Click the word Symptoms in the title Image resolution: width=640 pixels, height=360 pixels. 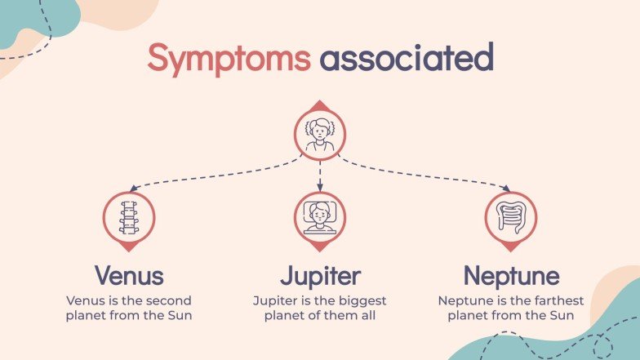pos(229,59)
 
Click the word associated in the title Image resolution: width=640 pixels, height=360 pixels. pos(407,57)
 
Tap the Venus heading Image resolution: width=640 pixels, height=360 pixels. pos(129,276)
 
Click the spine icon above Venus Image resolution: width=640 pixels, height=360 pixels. pos(129,217)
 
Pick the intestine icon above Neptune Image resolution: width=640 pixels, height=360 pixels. pos(511,217)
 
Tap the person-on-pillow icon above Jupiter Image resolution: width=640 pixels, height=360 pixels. pos(320,217)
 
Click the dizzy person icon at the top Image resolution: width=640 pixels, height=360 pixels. pos(320,134)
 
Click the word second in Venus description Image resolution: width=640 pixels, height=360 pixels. pos(168,300)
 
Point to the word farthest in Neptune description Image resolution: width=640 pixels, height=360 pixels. pos(558,300)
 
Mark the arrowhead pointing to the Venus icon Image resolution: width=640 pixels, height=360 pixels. pos(133,188)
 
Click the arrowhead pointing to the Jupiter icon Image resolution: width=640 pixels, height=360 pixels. pos(320,188)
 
